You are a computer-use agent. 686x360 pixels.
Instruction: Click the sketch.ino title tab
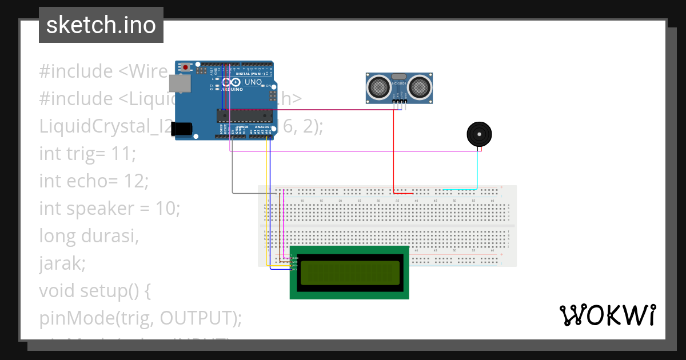101,25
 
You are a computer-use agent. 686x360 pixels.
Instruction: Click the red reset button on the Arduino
185,67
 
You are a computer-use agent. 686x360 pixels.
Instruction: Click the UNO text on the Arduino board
253,82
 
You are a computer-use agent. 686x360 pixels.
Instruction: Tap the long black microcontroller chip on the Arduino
245,115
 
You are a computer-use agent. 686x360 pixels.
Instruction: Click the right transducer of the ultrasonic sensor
419,87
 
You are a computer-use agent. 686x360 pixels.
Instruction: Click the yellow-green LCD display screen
349,273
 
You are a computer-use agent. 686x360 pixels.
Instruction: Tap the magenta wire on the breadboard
284,223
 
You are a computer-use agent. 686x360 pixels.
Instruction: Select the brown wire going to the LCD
280,229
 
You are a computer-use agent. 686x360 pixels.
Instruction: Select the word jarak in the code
61,263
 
